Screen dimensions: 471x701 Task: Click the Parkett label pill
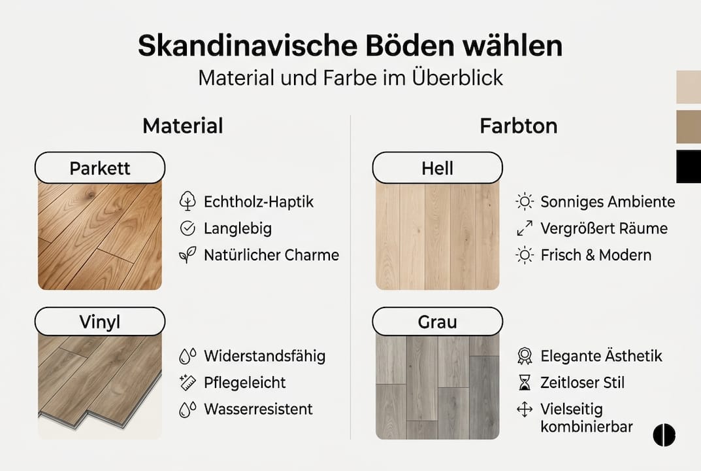pyautogui.click(x=100, y=168)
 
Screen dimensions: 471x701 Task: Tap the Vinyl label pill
pyautogui.click(x=100, y=322)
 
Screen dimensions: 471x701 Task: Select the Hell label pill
pyautogui.click(x=437, y=168)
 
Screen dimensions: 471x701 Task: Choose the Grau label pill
pyautogui.click(x=437, y=322)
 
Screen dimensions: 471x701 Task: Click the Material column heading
pyautogui.click(x=182, y=126)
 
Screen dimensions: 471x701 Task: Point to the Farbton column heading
pyautogui.click(x=518, y=126)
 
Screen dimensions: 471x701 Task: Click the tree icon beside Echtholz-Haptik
pyautogui.click(x=187, y=201)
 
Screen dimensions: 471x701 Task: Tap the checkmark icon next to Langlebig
pyautogui.click(x=187, y=228)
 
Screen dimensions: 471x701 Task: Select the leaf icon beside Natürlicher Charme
pyautogui.click(x=187, y=255)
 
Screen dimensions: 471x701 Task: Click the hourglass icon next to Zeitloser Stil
pyautogui.click(x=524, y=382)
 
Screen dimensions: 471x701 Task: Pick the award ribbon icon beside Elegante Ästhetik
pyautogui.click(x=524, y=356)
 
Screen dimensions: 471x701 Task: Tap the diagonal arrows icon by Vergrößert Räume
pyautogui.click(x=524, y=228)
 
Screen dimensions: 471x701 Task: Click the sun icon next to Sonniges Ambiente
pyautogui.click(x=524, y=201)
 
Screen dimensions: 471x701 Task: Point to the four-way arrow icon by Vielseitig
pyautogui.click(x=524, y=410)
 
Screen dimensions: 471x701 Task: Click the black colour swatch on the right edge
pyautogui.click(x=689, y=166)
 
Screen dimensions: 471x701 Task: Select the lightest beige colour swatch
pyautogui.click(x=689, y=87)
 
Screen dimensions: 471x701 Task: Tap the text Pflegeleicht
pyautogui.click(x=244, y=383)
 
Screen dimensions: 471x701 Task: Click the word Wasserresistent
pyautogui.click(x=258, y=410)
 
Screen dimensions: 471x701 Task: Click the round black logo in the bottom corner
pyautogui.click(x=664, y=434)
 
